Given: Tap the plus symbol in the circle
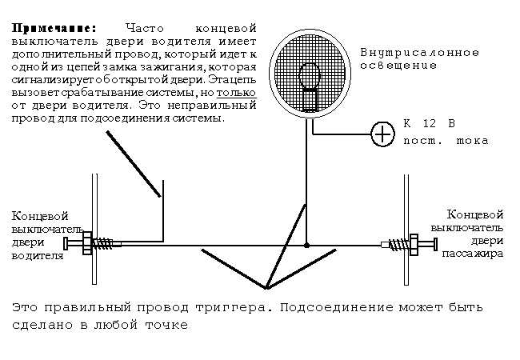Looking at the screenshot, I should click(x=385, y=134).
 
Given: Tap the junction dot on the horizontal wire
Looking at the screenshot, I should click(x=306, y=245).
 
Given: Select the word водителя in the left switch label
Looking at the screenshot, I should click(x=35, y=257).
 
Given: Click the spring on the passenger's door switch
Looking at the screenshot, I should click(x=397, y=244).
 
